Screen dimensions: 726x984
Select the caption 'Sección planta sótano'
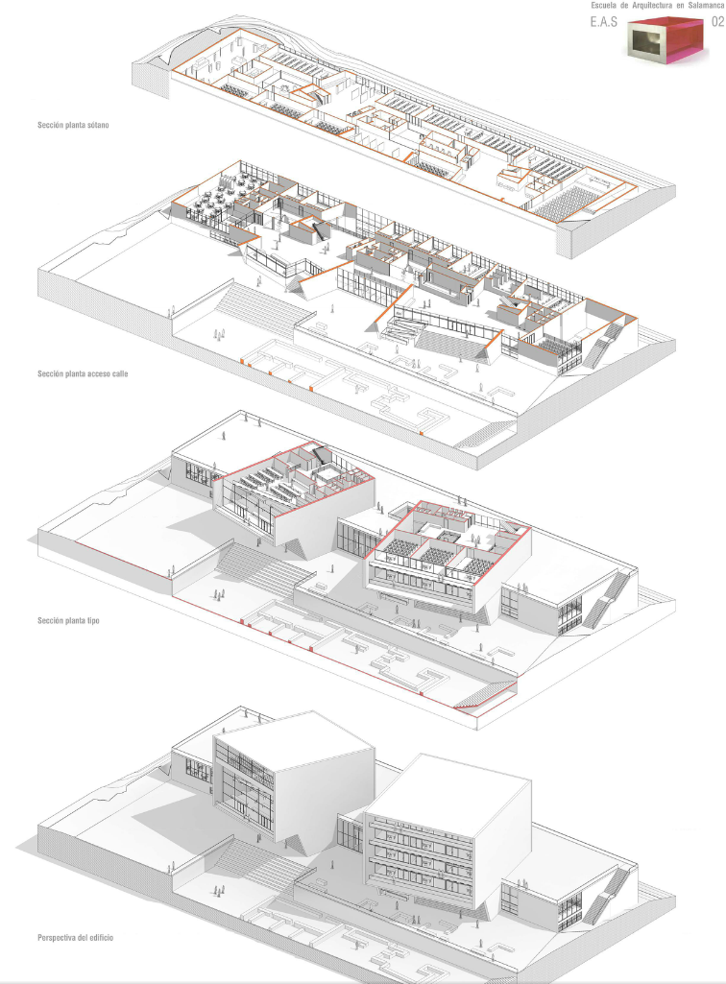click(x=70, y=125)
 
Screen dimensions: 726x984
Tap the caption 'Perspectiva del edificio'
click(x=75, y=936)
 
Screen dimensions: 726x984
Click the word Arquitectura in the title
click(x=644, y=6)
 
